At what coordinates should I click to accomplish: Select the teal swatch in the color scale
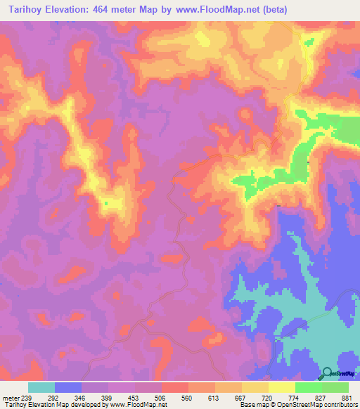click(x=41, y=387)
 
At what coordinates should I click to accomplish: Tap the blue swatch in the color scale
click(x=68, y=387)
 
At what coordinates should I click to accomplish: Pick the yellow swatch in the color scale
click(x=282, y=387)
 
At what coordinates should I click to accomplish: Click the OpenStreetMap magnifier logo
click(x=327, y=375)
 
